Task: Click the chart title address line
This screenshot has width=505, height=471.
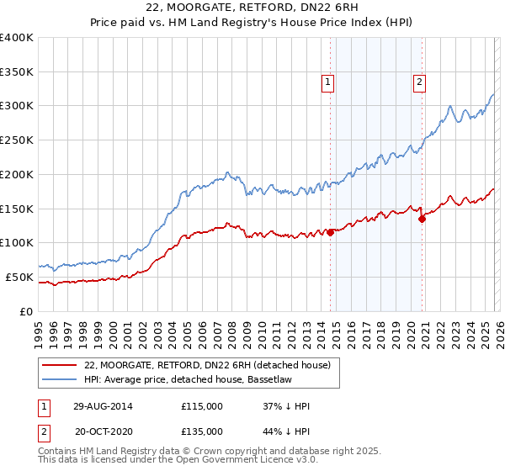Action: click(x=252, y=8)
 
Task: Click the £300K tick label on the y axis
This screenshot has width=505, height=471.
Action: click(x=17, y=106)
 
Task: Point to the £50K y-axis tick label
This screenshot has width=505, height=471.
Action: click(x=19, y=277)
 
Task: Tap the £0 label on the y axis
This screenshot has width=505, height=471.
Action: click(x=27, y=311)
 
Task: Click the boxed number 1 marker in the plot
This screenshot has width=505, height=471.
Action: click(x=327, y=82)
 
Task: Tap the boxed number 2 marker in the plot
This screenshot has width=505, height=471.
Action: click(x=418, y=82)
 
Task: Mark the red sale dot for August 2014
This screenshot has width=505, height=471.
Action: click(x=330, y=232)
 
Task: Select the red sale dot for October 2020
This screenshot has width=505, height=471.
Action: click(x=422, y=219)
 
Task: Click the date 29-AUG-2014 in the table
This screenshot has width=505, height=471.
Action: click(x=104, y=406)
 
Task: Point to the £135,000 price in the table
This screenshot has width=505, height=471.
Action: click(x=202, y=431)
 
